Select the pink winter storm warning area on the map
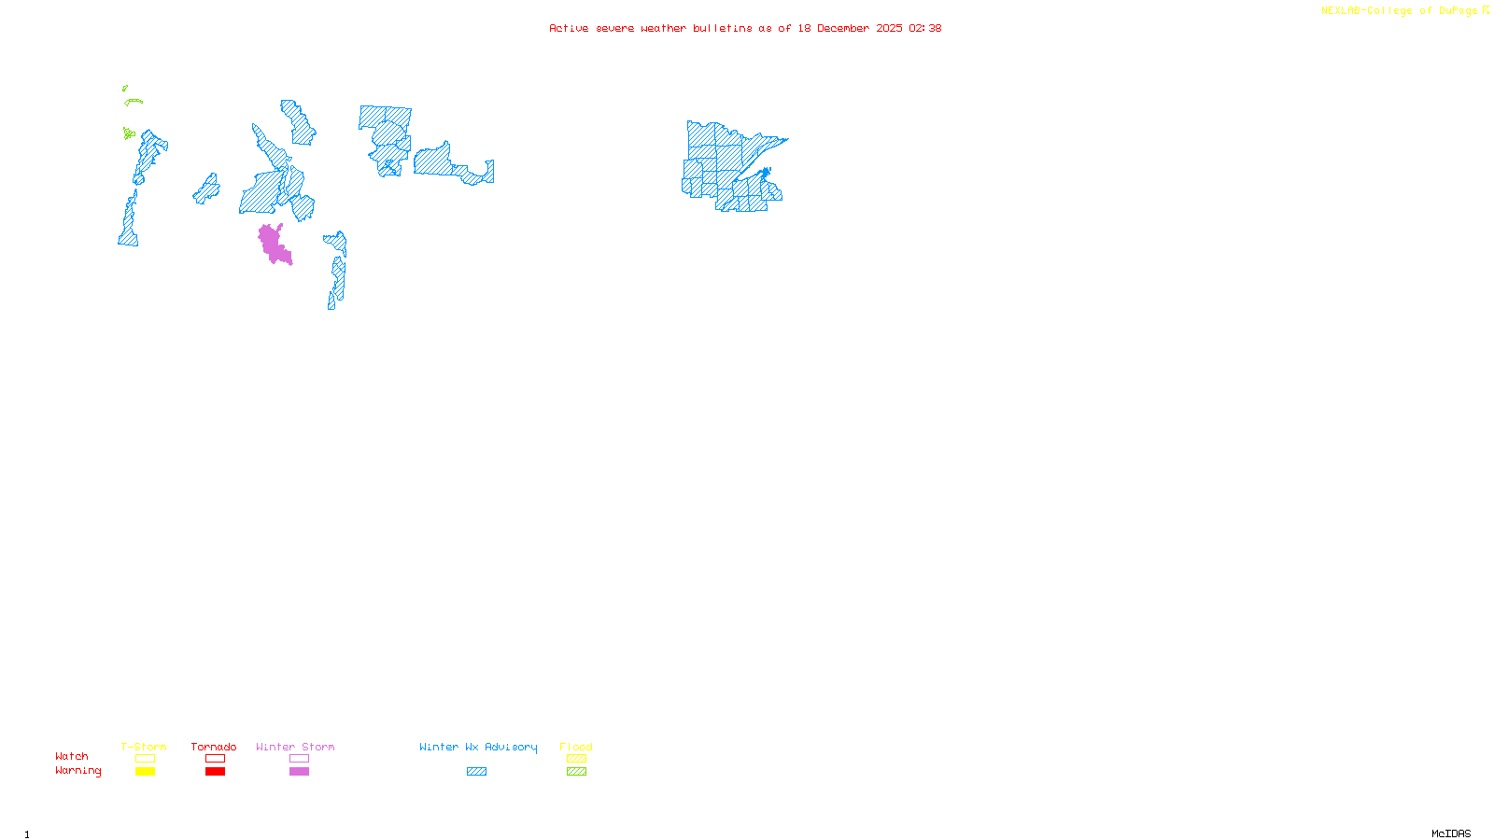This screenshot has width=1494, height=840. click(272, 243)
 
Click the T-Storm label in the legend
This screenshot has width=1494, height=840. click(144, 747)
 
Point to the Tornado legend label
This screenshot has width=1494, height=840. click(214, 747)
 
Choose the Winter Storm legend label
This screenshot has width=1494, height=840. click(295, 747)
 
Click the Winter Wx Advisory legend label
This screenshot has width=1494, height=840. click(478, 747)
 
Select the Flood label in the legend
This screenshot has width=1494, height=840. click(576, 747)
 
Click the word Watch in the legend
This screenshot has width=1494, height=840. click(72, 756)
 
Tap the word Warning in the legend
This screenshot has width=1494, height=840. click(78, 771)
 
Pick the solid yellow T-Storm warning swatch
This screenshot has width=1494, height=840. click(145, 772)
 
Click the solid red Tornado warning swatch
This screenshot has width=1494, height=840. click(215, 772)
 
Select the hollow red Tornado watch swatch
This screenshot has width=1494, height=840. click(215, 759)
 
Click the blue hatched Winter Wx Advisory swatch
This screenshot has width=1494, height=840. click(476, 772)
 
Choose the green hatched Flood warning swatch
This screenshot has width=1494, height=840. click(576, 772)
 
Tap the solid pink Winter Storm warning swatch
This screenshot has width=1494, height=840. click(299, 772)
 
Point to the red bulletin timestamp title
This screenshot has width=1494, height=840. click(745, 28)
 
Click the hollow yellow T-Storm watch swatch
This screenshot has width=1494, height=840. click(145, 759)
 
